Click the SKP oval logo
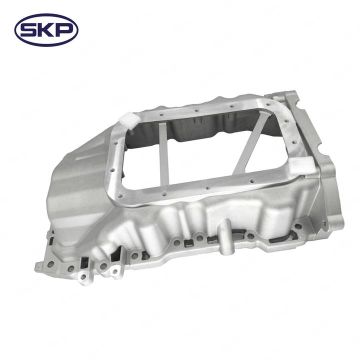(46, 30)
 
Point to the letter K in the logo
(45, 30)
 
